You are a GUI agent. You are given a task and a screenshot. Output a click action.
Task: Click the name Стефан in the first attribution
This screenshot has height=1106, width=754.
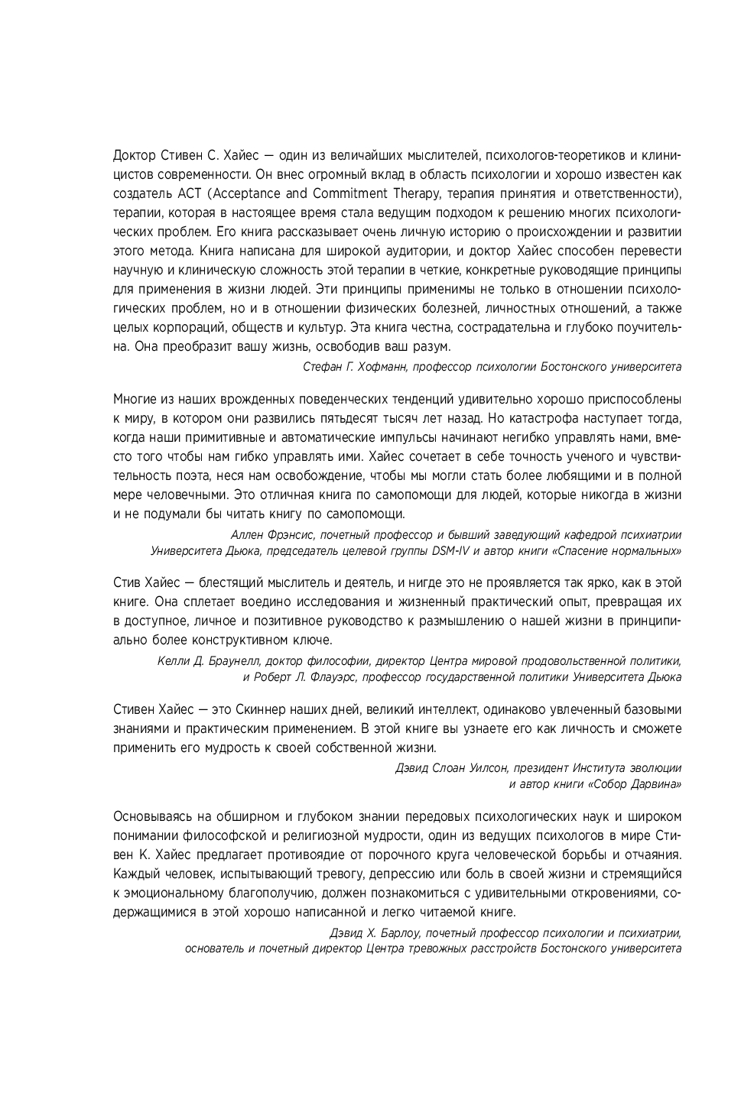(x=323, y=367)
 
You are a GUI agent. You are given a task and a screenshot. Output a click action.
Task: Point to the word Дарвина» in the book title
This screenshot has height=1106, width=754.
(x=655, y=784)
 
